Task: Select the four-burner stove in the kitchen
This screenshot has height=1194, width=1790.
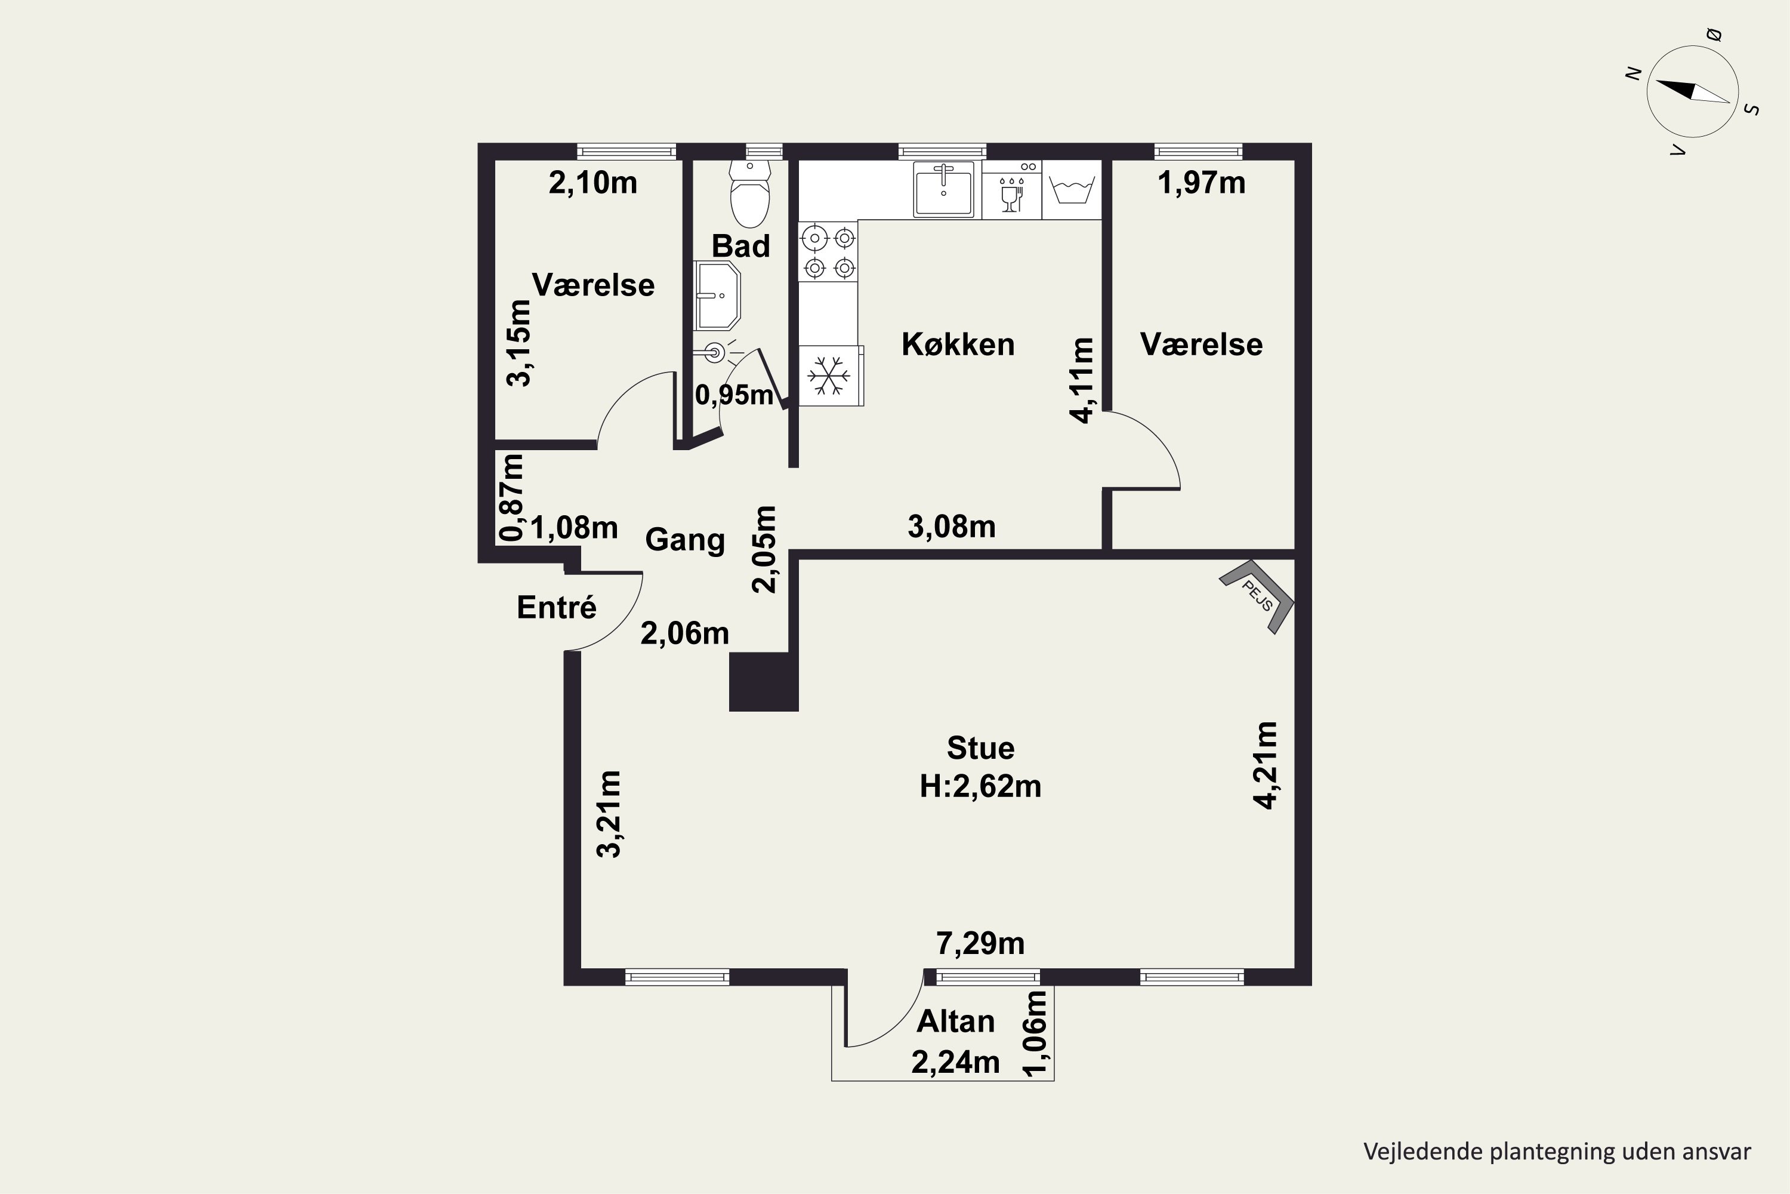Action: [x=828, y=251]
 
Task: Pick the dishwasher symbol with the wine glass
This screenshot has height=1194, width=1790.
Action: [x=1011, y=190]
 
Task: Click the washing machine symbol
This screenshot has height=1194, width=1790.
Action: [x=1072, y=190]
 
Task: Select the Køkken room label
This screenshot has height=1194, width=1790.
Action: [x=958, y=344]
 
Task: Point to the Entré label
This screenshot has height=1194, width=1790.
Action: [x=556, y=607]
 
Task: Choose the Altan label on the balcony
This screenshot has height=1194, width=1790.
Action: [x=955, y=1021]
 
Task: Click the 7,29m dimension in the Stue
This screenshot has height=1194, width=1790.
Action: [x=980, y=943]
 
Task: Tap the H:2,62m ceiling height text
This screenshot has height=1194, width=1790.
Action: [x=980, y=786]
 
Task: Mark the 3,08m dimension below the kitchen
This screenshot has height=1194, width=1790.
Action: [x=951, y=526]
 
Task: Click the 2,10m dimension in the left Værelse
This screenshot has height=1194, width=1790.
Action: [x=593, y=183]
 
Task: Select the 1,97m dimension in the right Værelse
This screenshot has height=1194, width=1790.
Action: [x=1201, y=183]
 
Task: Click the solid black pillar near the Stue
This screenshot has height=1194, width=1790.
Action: [x=763, y=682]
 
